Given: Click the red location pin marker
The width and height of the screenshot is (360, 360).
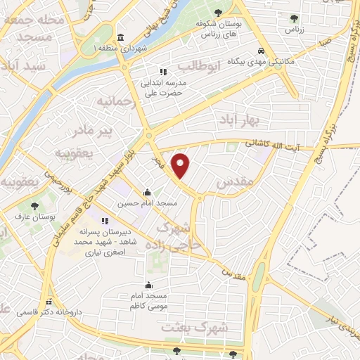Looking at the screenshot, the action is [182, 164].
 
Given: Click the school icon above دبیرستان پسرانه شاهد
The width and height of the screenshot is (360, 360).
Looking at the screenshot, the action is [105, 221].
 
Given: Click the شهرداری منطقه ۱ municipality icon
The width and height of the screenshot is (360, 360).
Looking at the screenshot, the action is [121, 37].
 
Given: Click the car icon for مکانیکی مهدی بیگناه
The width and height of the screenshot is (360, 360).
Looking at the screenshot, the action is [261, 51].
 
